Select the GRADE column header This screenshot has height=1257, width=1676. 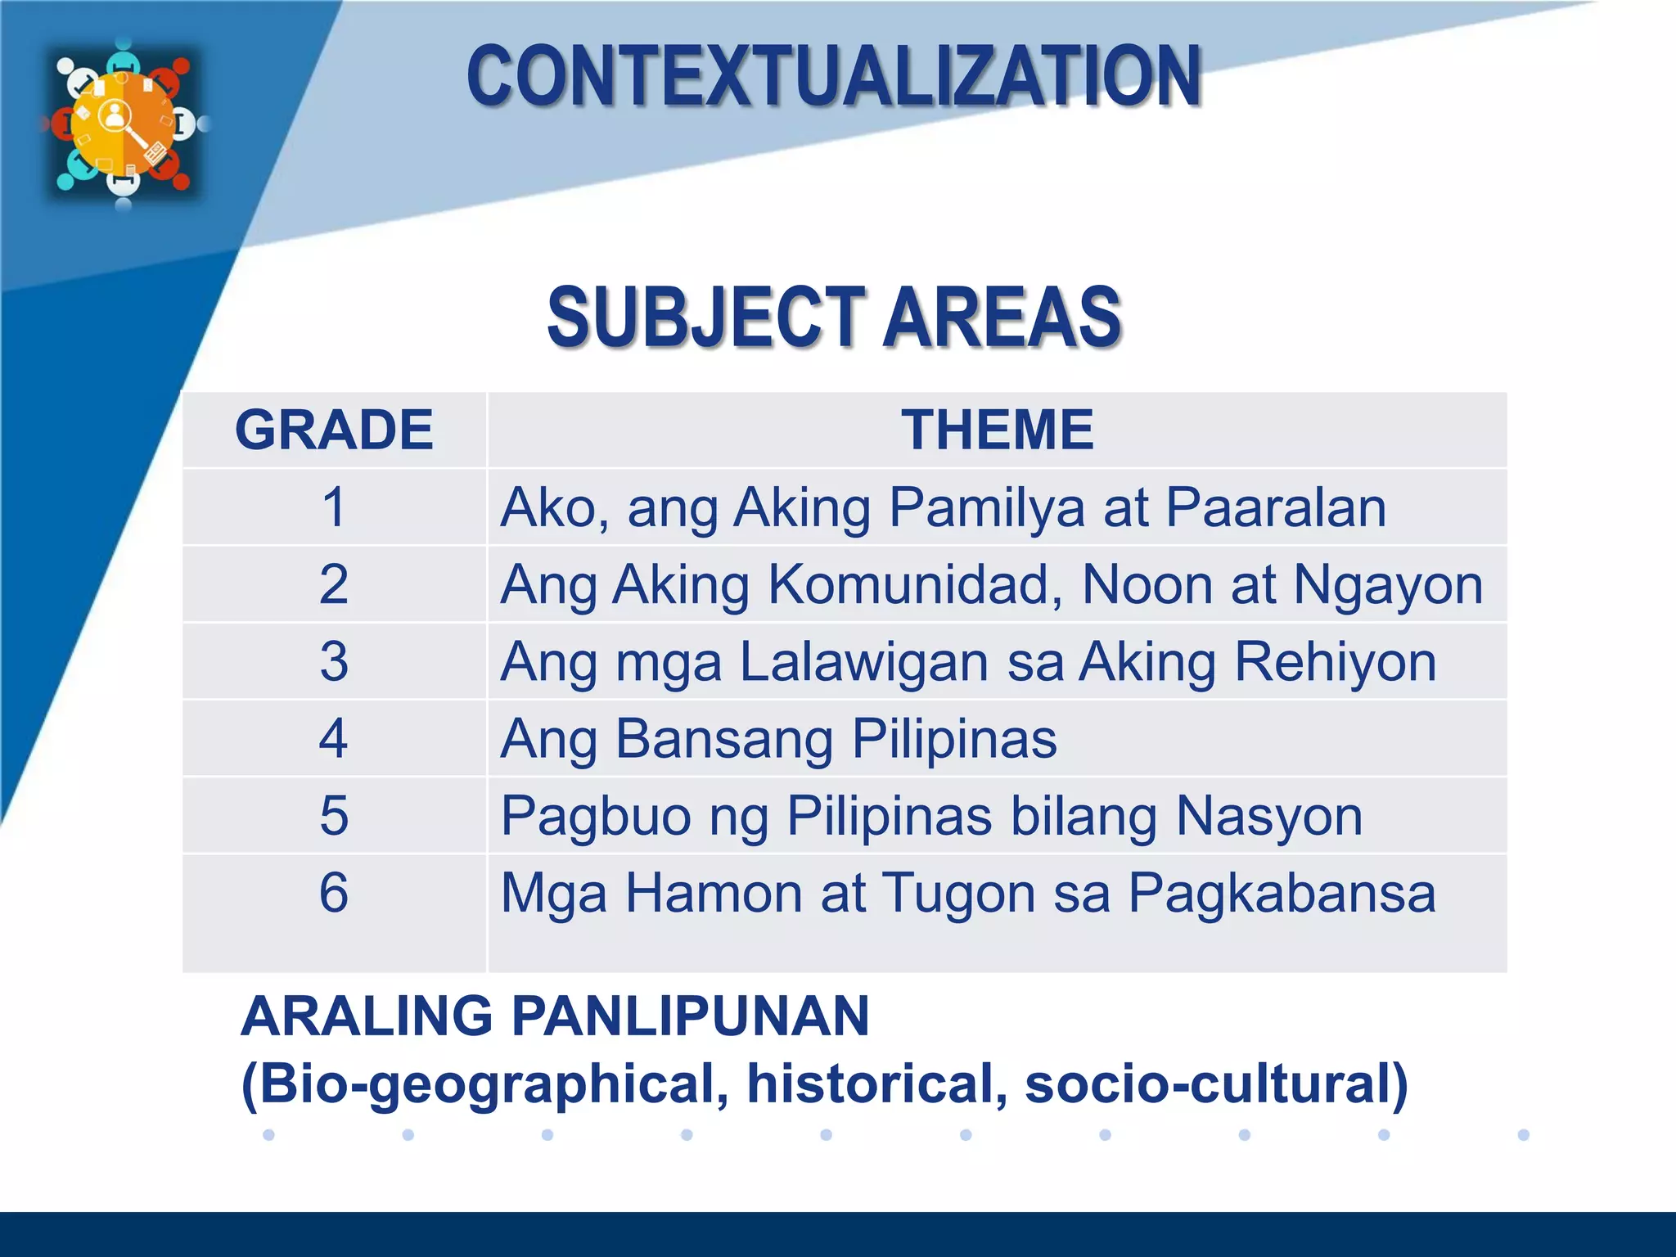click(334, 430)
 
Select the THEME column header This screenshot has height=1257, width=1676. click(997, 430)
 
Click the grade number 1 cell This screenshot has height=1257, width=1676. click(334, 507)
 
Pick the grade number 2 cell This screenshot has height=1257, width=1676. click(334, 584)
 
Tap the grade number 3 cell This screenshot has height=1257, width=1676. click(334, 661)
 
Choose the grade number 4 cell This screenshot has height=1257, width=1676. click(334, 738)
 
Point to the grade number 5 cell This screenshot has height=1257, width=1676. click(334, 815)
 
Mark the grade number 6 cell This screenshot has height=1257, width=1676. click(334, 892)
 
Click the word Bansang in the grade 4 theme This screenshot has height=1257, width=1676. click(723, 739)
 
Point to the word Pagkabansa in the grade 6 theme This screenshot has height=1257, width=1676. click(1282, 894)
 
